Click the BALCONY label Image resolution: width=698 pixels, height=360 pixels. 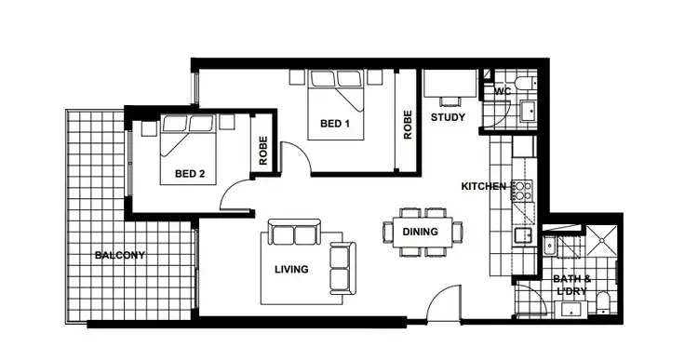[119, 255]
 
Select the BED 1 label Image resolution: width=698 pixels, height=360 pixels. [334, 124]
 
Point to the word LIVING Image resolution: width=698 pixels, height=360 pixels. [292, 270]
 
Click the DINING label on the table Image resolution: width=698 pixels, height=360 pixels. [421, 232]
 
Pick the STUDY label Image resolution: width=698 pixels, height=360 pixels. [448, 118]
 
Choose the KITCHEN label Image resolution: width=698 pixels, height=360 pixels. [484, 186]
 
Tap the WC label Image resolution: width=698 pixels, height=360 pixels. [503, 91]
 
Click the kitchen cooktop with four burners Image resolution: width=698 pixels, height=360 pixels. [524, 192]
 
